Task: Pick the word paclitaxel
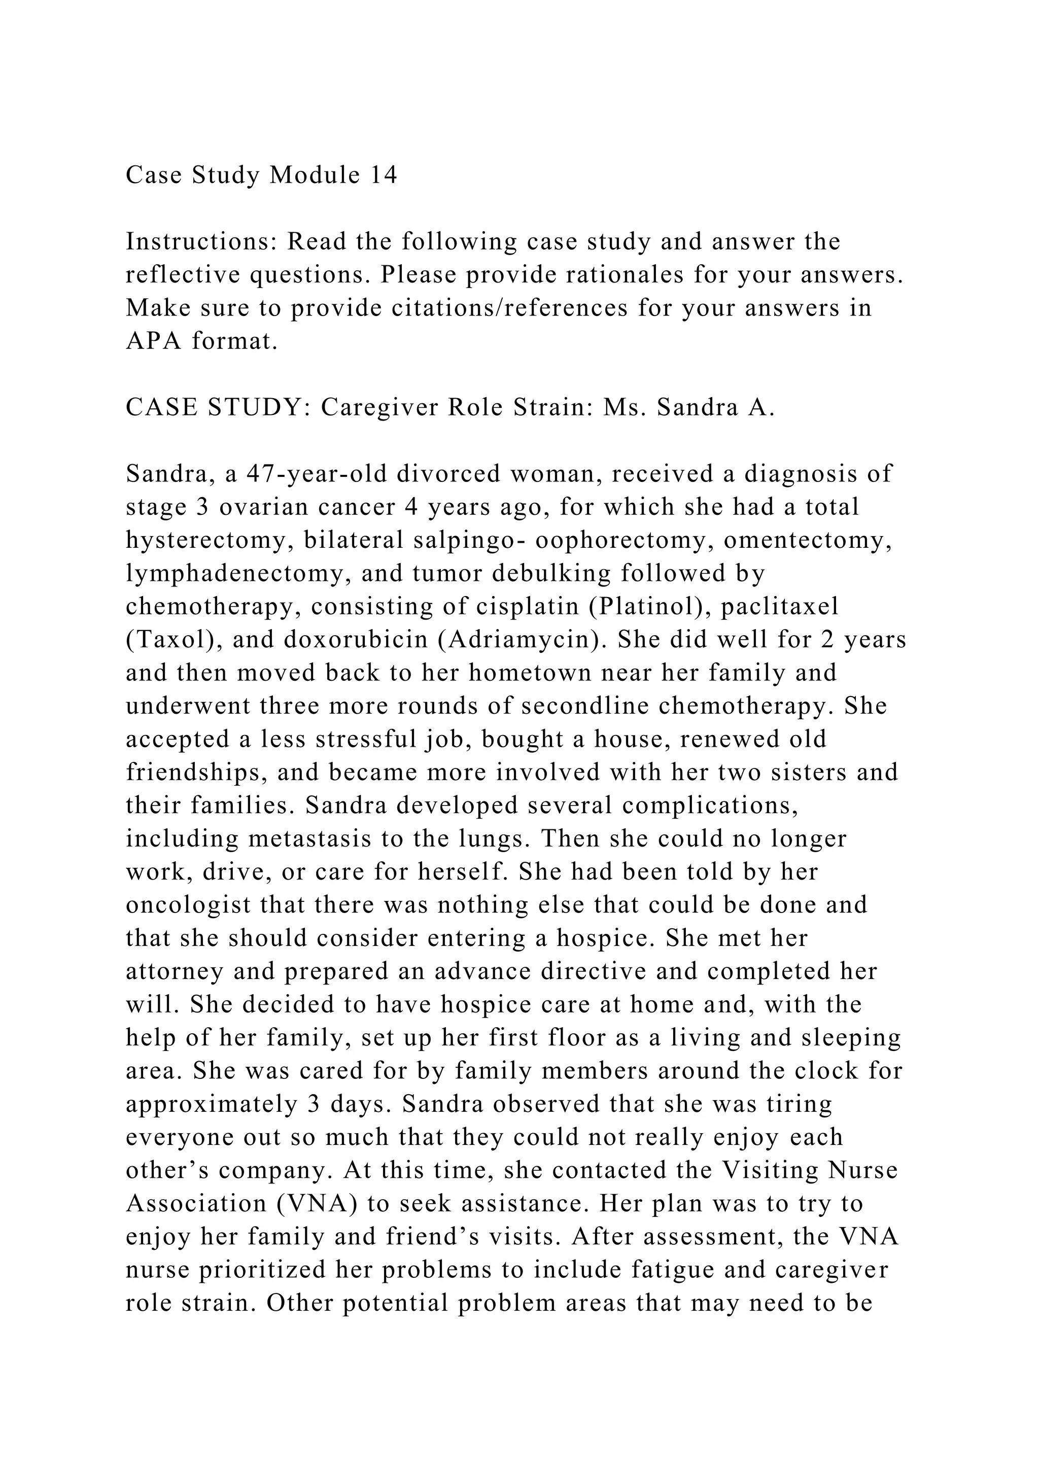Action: pos(779,607)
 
